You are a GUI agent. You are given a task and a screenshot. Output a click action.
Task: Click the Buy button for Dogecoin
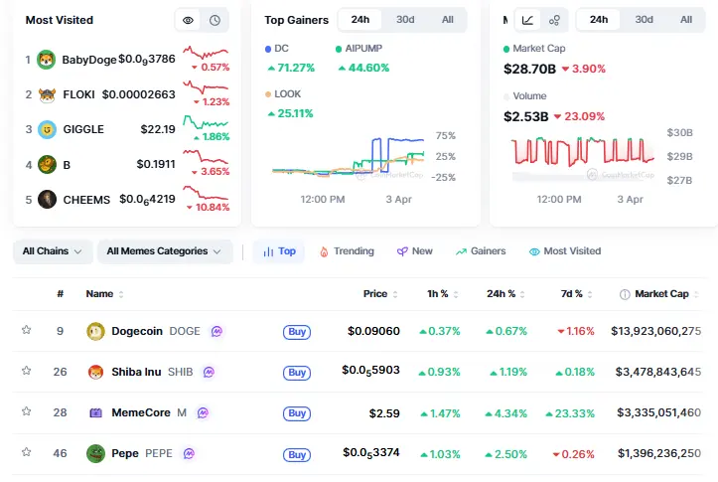[x=296, y=332]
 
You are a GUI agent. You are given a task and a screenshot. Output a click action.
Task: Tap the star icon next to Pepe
[x=27, y=453]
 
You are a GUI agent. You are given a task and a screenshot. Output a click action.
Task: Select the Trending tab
[x=347, y=251]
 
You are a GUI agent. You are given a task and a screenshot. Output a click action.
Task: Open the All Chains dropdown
[x=53, y=251]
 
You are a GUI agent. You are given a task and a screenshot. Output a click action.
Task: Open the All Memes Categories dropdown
[x=164, y=251]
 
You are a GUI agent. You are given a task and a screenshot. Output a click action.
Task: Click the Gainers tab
[x=481, y=251]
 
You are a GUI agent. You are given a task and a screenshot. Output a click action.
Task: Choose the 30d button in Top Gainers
[x=405, y=20]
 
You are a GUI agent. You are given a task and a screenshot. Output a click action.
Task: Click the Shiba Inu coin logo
[x=96, y=373]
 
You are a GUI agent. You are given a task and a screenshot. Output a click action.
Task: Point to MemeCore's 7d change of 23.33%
[x=576, y=412]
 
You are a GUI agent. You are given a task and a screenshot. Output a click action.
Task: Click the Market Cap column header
[x=660, y=294]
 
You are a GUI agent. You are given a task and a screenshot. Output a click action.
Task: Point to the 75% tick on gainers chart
[x=446, y=136]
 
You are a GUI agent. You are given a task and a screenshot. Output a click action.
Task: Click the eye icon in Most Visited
[x=187, y=20]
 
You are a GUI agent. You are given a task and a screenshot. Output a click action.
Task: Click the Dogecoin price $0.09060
[x=373, y=331]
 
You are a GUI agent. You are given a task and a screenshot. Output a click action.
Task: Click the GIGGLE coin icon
[x=47, y=129]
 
